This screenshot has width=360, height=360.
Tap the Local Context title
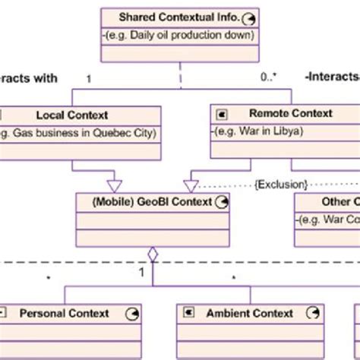pos(72,115)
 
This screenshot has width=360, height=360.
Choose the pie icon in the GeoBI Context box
pos(221,202)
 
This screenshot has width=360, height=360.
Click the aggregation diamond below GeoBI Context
pos(152,254)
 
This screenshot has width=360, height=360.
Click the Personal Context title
pos(64,313)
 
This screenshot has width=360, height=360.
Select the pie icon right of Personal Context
pos(131,313)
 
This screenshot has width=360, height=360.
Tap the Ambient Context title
pos(251,313)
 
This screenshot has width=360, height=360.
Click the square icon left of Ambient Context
pos(187,313)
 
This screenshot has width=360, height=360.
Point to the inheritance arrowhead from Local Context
pos(114,185)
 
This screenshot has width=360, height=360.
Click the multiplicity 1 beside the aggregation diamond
pos(141,271)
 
